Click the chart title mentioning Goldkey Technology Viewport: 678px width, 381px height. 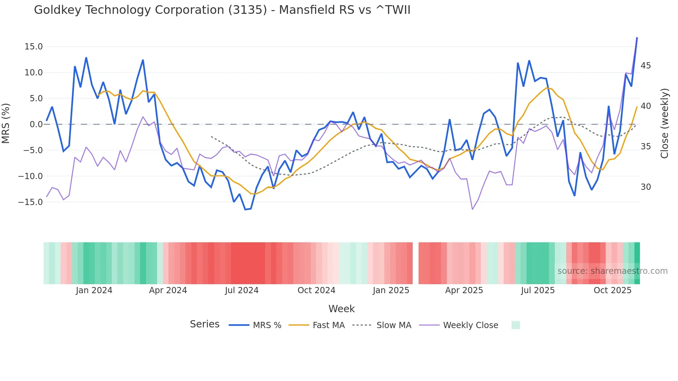pyautogui.click(x=222, y=10)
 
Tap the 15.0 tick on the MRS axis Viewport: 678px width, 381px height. pyautogui.click(x=34, y=47)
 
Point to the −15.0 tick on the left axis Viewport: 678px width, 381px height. pyautogui.click(x=30, y=202)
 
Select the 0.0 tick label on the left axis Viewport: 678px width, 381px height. pyautogui.click(x=36, y=124)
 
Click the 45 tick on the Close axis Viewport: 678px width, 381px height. pyautogui.click(x=645, y=66)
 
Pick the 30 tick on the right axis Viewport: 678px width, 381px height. pyautogui.click(x=645, y=187)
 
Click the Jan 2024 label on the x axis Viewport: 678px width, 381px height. pyautogui.click(x=94, y=290)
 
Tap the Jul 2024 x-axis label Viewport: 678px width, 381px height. pyautogui.click(x=241, y=290)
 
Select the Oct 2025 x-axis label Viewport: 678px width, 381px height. pyautogui.click(x=612, y=290)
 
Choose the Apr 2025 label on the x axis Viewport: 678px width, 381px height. pyautogui.click(x=464, y=290)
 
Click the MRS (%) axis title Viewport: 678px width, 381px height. pyautogui.click(x=6, y=123)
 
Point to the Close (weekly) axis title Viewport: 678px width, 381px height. pyautogui.click(x=665, y=123)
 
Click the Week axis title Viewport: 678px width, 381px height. pyautogui.click(x=341, y=309)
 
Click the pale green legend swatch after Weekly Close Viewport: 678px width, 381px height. pyautogui.click(x=515, y=325)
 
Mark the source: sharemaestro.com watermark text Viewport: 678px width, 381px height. pyautogui.click(x=612, y=271)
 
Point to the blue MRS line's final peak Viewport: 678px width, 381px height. pyautogui.click(x=637, y=38)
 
